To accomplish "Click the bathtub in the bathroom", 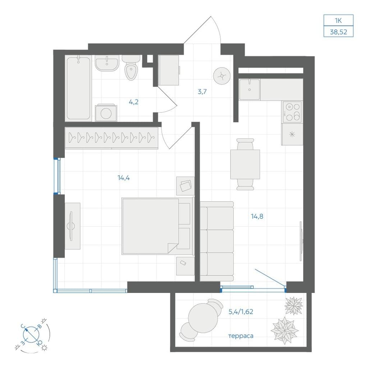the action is (78, 88).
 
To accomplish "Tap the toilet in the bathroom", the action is (131, 68).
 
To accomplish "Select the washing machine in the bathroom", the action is (106, 112).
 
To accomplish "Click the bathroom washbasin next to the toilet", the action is (107, 63).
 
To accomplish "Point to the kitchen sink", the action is (249, 89).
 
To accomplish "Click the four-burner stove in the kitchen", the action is (292, 112).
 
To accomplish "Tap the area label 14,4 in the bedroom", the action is (124, 178).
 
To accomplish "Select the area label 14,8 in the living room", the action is (257, 216).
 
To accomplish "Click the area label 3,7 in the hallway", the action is (202, 92).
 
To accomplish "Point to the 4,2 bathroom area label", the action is (134, 102).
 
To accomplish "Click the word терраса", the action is (241, 336).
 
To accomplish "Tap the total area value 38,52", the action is (339, 32).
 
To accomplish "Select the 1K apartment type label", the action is (338, 20).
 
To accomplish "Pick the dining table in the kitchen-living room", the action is (245, 164).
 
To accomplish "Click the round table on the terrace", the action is (203, 318).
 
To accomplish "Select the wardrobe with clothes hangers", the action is (112, 138).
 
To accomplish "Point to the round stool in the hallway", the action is (222, 76).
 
